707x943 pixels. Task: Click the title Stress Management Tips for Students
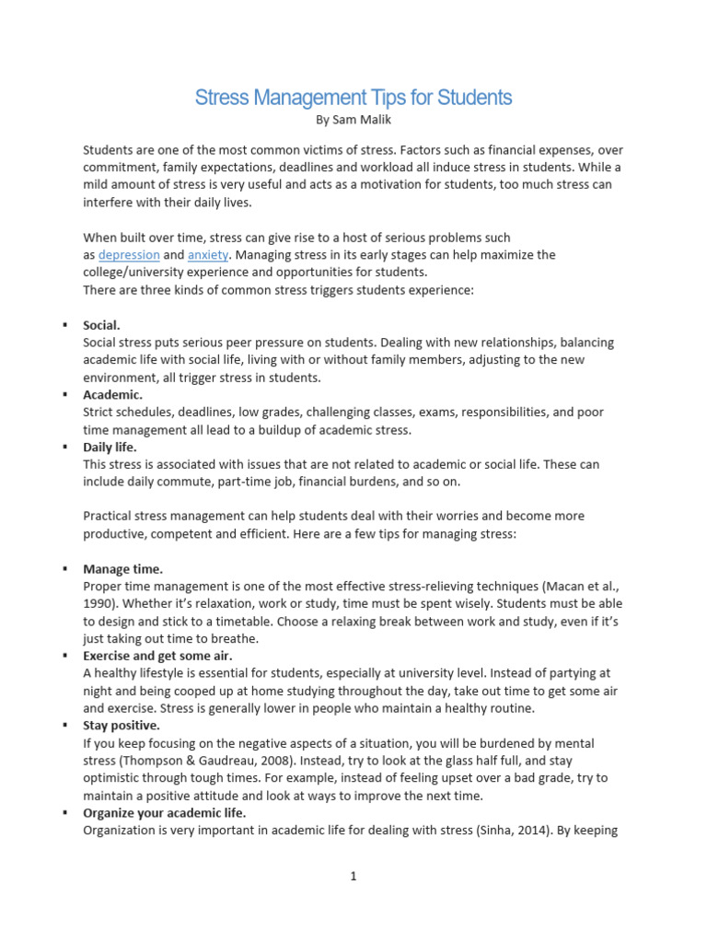tap(353, 98)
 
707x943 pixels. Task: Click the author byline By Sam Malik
tap(353, 120)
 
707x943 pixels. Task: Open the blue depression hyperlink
tap(129, 254)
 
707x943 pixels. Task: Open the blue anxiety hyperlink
tap(208, 254)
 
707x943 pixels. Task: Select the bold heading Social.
tap(101, 325)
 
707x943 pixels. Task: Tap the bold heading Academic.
tap(112, 395)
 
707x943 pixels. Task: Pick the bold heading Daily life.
tap(110, 447)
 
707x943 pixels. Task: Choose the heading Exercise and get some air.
tap(157, 656)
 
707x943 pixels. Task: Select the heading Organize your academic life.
tap(164, 812)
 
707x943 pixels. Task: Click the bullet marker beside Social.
tap(65, 325)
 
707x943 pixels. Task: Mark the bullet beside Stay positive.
tap(65, 726)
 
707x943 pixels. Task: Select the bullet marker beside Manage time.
tap(65, 569)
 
